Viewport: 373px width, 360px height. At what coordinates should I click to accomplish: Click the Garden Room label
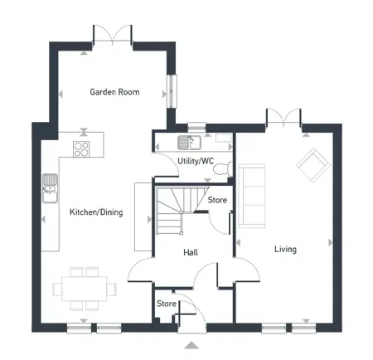click(114, 92)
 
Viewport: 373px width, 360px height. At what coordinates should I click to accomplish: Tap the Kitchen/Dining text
click(96, 212)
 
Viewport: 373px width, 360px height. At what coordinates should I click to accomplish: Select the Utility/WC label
click(196, 161)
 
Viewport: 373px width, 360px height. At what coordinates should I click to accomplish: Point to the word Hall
click(191, 252)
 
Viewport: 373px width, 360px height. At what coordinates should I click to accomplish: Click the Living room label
click(285, 249)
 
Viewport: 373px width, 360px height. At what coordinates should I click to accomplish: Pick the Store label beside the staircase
click(217, 200)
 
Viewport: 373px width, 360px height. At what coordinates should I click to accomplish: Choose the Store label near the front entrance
click(167, 304)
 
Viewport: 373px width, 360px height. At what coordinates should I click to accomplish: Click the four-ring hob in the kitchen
click(81, 149)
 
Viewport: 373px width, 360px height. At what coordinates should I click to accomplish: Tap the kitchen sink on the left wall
click(51, 188)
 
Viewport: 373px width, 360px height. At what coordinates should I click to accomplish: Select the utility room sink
click(189, 143)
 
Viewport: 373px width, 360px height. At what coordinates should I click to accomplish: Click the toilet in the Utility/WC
click(223, 168)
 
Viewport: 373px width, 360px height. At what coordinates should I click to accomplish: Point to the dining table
click(85, 289)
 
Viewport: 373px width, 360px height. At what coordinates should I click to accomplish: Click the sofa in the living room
click(252, 196)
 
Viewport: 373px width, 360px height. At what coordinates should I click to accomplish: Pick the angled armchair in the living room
click(313, 165)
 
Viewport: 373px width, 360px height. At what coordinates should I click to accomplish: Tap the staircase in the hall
click(182, 210)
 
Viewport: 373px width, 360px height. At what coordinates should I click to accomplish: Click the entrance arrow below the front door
click(191, 345)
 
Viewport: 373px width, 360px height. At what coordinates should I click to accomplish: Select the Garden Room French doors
click(113, 35)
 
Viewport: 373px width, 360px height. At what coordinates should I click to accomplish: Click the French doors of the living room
click(283, 118)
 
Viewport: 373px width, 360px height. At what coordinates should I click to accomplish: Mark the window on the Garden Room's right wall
click(172, 90)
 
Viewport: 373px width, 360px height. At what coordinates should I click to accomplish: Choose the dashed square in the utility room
click(224, 138)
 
